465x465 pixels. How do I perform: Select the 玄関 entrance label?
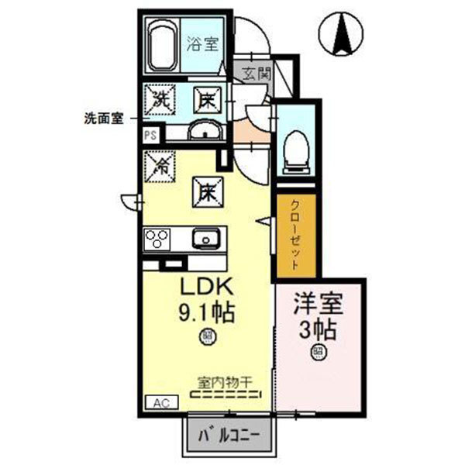(x=254, y=75)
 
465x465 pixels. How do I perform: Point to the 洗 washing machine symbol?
(x=161, y=98)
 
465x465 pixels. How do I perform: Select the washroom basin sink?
(x=205, y=130)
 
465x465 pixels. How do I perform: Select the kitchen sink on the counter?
(x=207, y=239)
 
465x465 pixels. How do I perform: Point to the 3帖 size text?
(x=318, y=329)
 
